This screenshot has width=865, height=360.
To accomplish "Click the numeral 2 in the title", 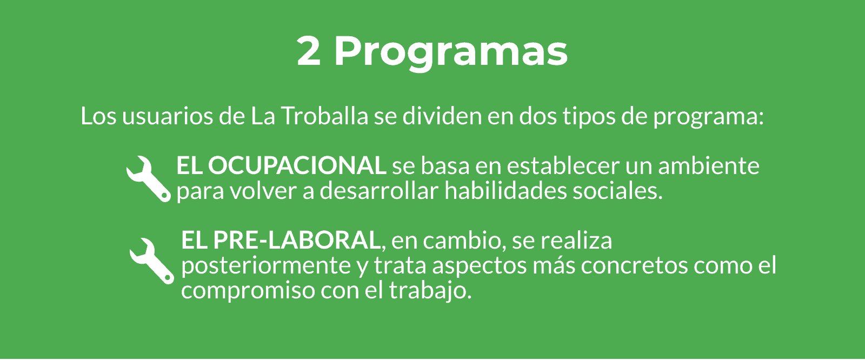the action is tap(309, 51).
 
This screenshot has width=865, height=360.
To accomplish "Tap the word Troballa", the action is tap(325, 116).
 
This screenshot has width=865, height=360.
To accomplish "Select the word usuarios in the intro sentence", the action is tap(168, 116).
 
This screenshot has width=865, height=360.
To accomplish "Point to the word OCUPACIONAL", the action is tap(297, 166).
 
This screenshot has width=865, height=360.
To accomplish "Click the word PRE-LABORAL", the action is tap(297, 240).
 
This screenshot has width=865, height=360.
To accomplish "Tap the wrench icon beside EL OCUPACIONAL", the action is tap(149, 179).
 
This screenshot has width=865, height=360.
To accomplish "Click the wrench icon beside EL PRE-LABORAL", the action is tap(152, 261).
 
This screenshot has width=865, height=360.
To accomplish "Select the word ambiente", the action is tap(709, 166).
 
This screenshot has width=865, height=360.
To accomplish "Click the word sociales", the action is tap(617, 191).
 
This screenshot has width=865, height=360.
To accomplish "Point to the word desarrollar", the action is tap(379, 191).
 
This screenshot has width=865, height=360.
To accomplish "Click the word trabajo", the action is tap(430, 290).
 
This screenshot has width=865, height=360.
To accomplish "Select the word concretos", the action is tap(634, 266).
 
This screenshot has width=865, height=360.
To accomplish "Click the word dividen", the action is tap(442, 116).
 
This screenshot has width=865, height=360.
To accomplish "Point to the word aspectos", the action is tap(479, 266).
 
